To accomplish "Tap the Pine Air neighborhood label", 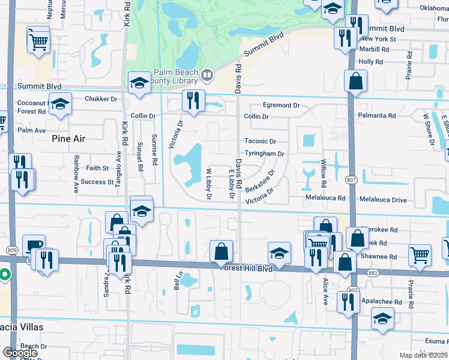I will point(69,139).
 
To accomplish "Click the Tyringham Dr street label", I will point(264,154).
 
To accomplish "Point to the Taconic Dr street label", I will point(260,142).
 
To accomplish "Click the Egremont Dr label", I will point(280,105).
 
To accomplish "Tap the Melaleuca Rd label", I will point(325,197).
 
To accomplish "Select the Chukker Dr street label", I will point(101,99).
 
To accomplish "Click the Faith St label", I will point(97,168).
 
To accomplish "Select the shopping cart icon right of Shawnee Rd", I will point(420,254).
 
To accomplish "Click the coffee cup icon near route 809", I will point(34,245).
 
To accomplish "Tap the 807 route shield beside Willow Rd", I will point(352,179).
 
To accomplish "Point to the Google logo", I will point(20,352).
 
